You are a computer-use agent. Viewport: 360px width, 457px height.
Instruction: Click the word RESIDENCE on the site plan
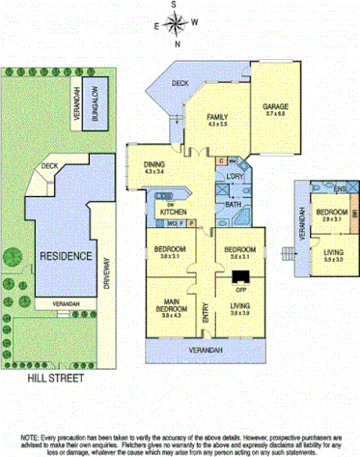click(x=67, y=256)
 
